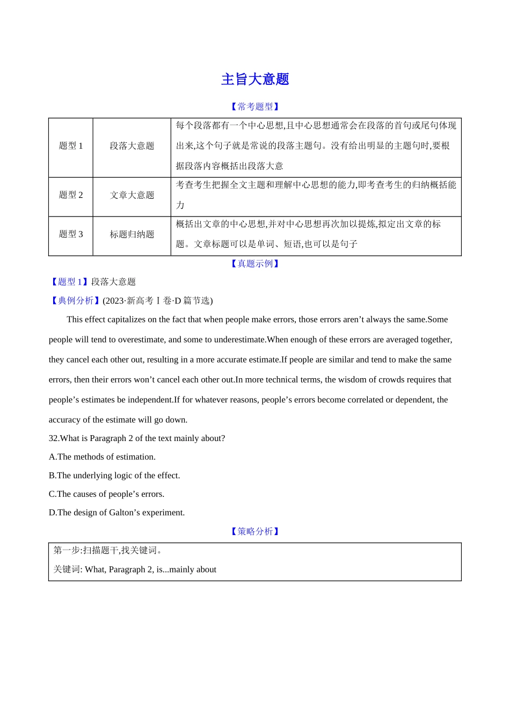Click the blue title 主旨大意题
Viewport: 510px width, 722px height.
tap(255, 80)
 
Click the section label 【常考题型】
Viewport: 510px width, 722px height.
tap(255, 106)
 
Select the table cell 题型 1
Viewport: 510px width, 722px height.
tap(71, 146)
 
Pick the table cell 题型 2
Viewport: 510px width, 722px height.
tap(71, 195)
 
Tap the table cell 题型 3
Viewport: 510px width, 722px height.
tap(71, 234)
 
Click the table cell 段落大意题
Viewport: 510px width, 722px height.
tap(132, 146)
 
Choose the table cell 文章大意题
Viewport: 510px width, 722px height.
tap(132, 195)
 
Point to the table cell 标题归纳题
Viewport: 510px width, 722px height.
tap(132, 234)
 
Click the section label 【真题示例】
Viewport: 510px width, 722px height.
tap(255, 263)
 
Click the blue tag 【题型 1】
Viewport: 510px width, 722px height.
tap(70, 281)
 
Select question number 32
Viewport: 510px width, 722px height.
tap(53, 438)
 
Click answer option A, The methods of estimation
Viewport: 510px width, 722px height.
tap(102, 457)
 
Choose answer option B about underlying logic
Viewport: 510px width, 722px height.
tap(114, 475)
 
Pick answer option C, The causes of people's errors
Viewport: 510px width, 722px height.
tap(106, 494)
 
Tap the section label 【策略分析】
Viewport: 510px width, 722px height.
tap(255, 531)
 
